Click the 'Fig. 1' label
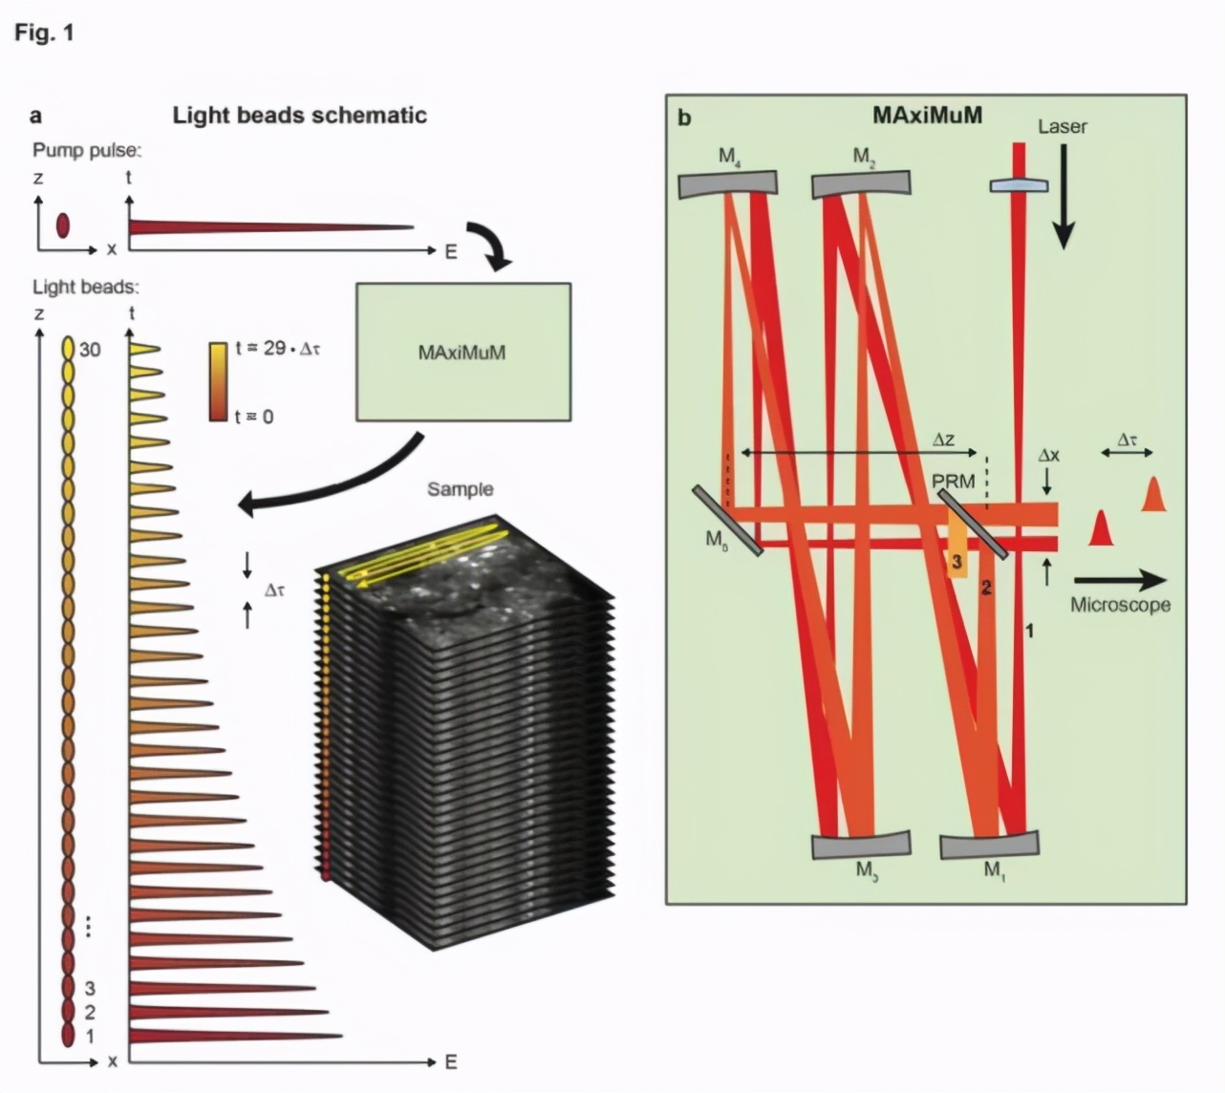[x=44, y=33]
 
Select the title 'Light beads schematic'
[x=299, y=116]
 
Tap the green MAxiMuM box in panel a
[x=462, y=352]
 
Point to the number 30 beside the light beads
[x=90, y=350]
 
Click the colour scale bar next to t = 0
[x=219, y=381]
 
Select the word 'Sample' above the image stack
[x=460, y=489]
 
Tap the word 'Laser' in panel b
[x=1062, y=126]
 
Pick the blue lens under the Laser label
[x=1015, y=186]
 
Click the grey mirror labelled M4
[x=728, y=183]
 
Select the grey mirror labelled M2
[x=861, y=183]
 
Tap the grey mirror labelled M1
[x=989, y=846]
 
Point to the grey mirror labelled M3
[x=861, y=846]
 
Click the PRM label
[x=954, y=481]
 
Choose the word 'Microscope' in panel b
[x=1120, y=605]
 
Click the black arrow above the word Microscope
[x=1120, y=579]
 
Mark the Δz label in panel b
[x=943, y=440]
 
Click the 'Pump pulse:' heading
[x=87, y=150]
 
